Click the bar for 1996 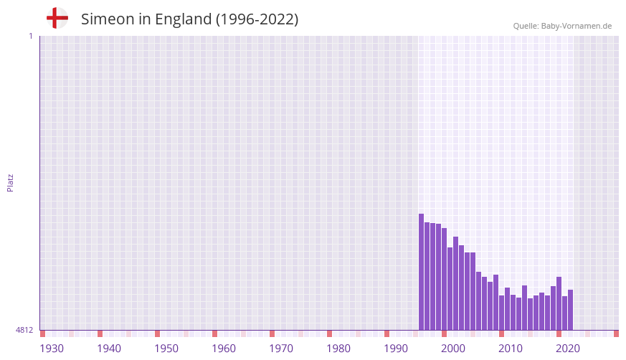click(422, 272)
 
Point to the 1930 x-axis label click(52, 349)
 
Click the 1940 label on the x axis click(109, 349)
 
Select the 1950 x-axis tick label click(166, 349)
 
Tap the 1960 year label click(224, 349)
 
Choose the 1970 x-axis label click(281, 349)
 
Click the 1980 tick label click(338, 349)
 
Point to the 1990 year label click(396, 349)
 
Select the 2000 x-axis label click(453, 349)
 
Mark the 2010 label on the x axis click(511, 349)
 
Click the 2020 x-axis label click(568, 349)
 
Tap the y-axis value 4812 click(24, 331)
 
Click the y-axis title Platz click(11, 182)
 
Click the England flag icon click(57, 18)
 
